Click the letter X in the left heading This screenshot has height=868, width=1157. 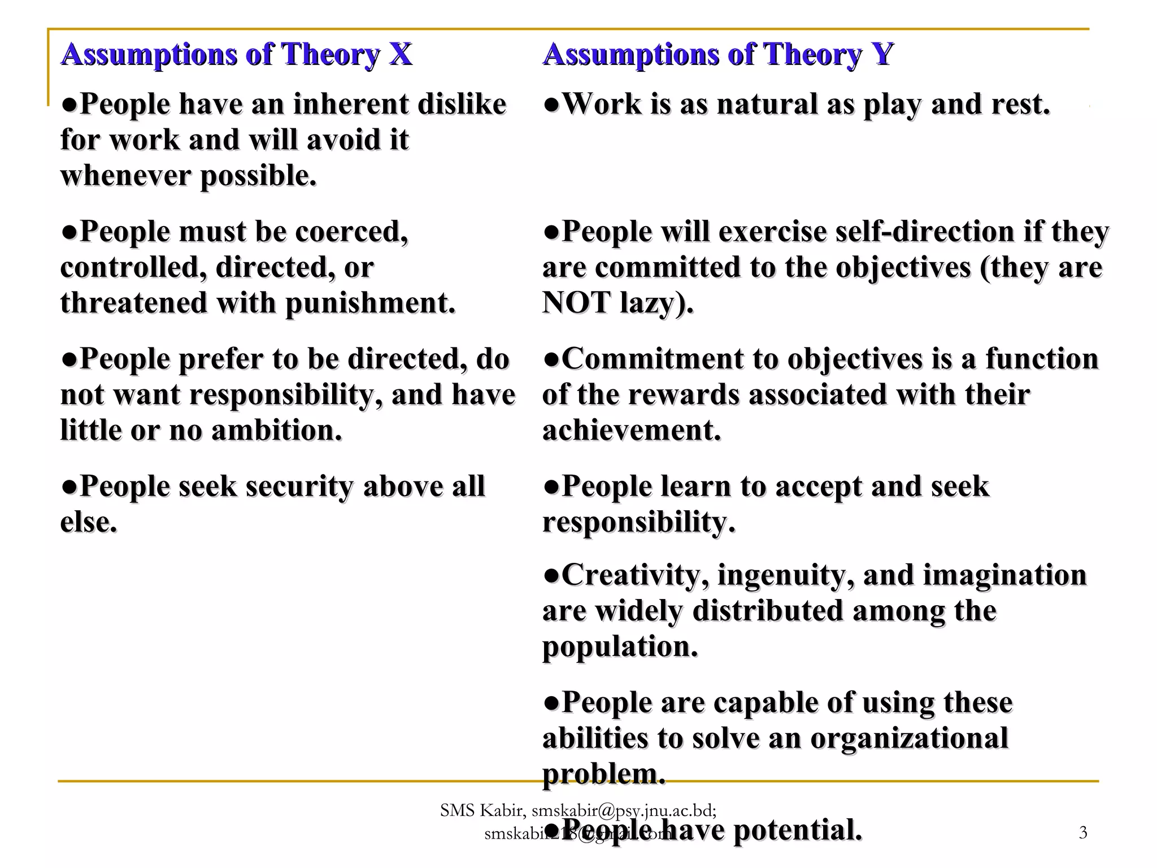(400, 55)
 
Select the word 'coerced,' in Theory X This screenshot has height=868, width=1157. (351, 232)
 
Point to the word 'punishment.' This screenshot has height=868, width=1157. (370, 303)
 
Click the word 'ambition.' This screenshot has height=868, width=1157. (276, 431)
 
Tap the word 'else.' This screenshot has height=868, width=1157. (89, 522)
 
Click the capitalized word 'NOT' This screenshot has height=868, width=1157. (576, 303)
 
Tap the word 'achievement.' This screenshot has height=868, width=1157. (632, 431)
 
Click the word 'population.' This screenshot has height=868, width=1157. (620, 647)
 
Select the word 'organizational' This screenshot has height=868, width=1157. (909, 739)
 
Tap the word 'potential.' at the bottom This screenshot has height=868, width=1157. (798, 831)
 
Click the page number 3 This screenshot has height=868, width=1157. (1082, 832)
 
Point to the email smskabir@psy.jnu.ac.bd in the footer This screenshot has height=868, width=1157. (624, 811)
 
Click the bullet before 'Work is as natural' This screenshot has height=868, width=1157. (551, 105)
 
